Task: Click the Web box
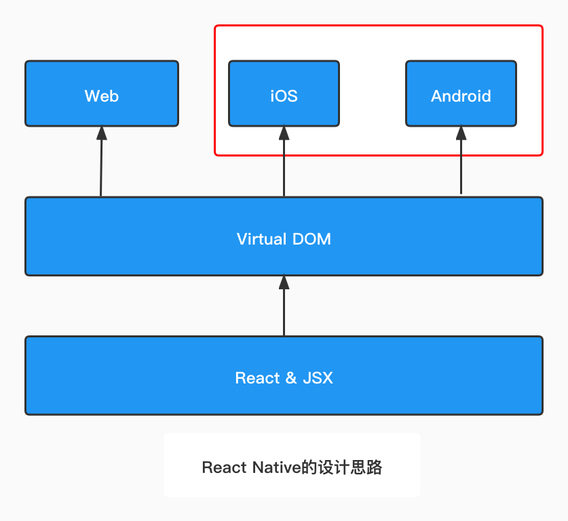102,93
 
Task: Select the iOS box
284,93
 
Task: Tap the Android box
461,93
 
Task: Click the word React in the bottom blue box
257,378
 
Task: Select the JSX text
318,378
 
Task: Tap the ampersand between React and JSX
290,378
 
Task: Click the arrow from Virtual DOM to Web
101,166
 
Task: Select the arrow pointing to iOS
284,166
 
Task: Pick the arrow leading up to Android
461,166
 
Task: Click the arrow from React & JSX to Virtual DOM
284,308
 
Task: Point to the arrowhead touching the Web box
102,133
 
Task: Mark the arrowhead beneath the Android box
461,133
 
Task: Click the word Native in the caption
276,467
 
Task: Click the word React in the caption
225,467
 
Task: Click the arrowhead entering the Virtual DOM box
284,283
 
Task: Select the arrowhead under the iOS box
284,133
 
